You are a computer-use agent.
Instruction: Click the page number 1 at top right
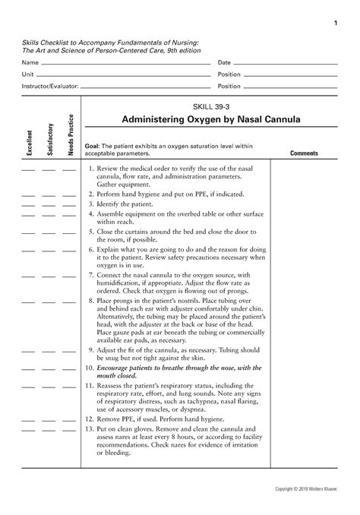click(x=336, y=24)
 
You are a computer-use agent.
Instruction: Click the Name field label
click(x=28, y=62)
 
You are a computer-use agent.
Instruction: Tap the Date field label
click(x=224, y=62)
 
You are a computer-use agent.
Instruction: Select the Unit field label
click(x=27, y=74)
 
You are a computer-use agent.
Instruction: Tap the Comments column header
click(x=305, y=153)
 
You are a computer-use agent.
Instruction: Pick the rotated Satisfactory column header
click(x=50, y=139)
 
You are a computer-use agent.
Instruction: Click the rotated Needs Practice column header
click(x=70, y=134)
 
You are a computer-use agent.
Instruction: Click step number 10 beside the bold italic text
click(x=90, y=368)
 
